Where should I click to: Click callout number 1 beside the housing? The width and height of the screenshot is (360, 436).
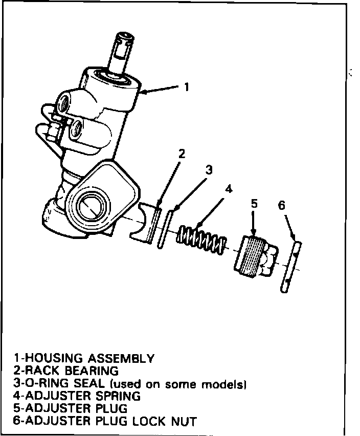187,88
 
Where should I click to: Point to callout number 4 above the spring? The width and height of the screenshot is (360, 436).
229,188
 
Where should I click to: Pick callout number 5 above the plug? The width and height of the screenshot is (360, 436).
254,204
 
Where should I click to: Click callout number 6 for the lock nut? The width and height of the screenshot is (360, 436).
281,206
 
